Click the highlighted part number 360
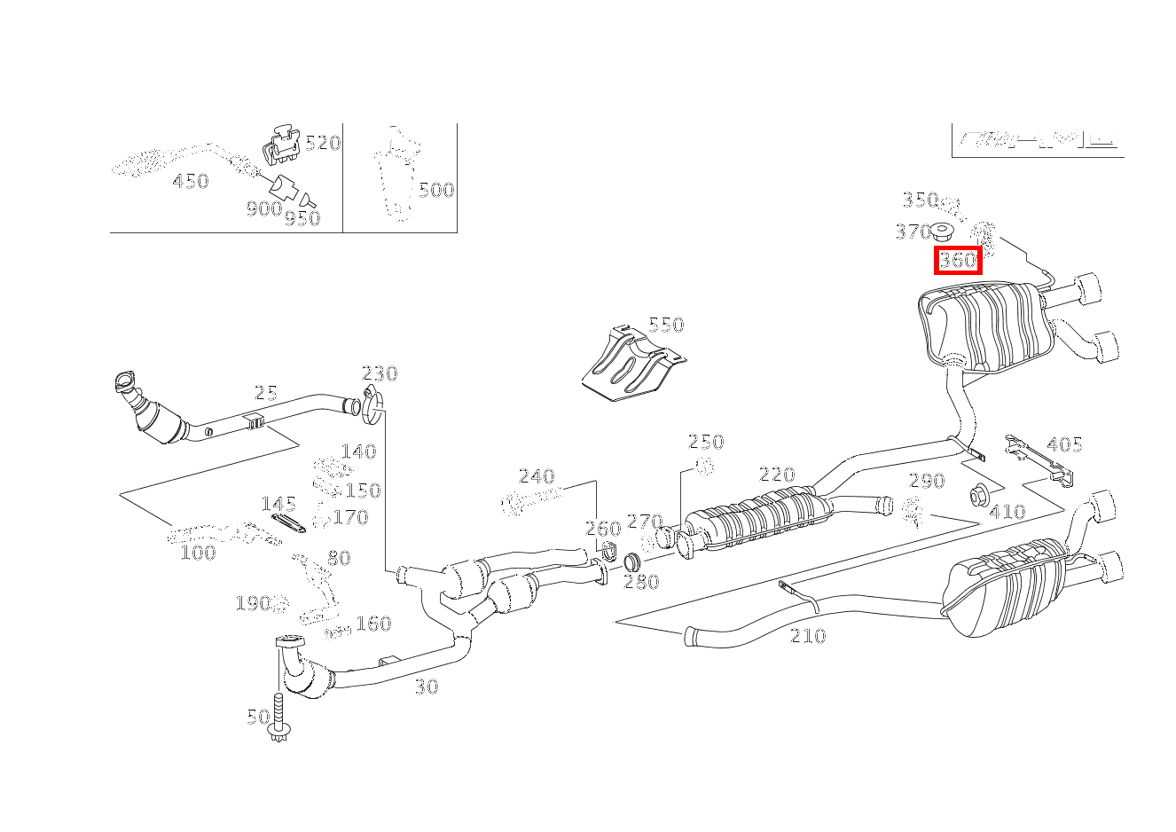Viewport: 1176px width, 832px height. tap(958, 261)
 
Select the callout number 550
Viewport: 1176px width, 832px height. tap(666, 325)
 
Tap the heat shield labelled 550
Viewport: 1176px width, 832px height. tap(632, 365)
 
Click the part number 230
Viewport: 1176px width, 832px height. tap(380, 373)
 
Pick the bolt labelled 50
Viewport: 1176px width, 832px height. tap(280, 719)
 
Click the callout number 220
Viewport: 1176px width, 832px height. tap(777, 475)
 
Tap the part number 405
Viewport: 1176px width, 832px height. tap(1064, 444)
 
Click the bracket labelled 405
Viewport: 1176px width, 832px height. tap(1039, 459)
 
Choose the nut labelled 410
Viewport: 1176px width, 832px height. tap(979, 494)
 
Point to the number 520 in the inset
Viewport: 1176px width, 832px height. tap(323, 143)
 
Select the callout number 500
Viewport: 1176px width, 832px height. tap(435, 190)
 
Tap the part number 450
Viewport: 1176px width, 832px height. tap(190, 182)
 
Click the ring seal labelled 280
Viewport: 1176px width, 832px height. tap(631, 562)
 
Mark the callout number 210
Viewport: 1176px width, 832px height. tap(807, 636)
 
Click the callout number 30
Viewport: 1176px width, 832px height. tap(427, 686)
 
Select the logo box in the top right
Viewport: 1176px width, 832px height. tap(1037, 140)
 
